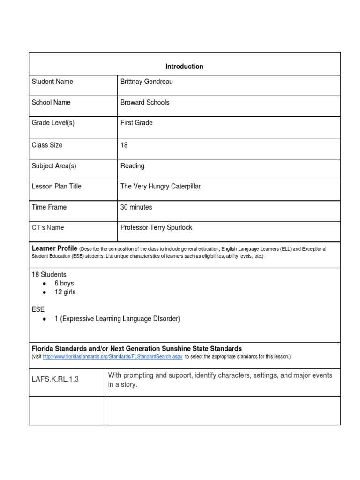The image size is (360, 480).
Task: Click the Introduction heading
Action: pos(184,67)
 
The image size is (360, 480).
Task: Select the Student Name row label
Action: pos(52,82)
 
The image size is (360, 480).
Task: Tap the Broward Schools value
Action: pos(145,102)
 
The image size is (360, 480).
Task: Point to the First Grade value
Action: pos(136,123)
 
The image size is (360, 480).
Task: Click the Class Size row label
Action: pos(47,145)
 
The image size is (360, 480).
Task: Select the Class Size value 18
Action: pos(124,145)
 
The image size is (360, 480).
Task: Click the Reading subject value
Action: pos(133,166)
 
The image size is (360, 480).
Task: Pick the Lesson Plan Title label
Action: pos(56,186)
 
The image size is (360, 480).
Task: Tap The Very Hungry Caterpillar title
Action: pos(160,186)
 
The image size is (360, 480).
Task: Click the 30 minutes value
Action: pos(136,207)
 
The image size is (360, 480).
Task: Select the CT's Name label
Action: pos(48,227)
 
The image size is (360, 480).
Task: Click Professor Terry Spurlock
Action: pos(156,227)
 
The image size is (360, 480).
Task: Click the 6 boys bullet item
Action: pos(64,283)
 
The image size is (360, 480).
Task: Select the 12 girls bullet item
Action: pos(65,292)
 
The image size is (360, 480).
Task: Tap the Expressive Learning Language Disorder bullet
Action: pos(117,319)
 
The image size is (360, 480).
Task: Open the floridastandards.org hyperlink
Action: pos(112,357)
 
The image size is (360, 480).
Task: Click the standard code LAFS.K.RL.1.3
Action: pos(55,379)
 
